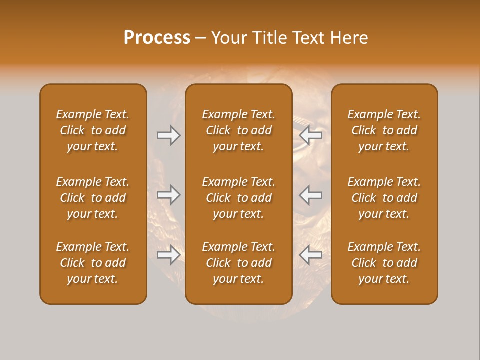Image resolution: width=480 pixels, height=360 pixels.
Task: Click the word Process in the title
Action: pyautogui.click(x=157, y=38)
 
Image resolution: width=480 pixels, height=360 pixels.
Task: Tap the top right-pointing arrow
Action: pyautogui.click(x=168, y=135)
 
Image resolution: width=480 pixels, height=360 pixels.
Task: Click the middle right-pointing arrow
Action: pyautogui.click(x=168, y=195)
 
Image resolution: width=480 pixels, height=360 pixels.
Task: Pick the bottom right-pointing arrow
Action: pyautogui.click(x=168, y=255)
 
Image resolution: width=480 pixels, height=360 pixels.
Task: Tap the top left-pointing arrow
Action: pyautogui.click(x=311, y=135)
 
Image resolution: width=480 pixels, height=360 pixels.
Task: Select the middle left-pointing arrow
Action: pyautogui.click(x=311, y=195)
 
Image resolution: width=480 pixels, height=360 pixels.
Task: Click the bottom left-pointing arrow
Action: pyautogui.click(x=311, y=255)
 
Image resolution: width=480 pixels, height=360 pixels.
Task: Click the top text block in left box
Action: pyautogui.click(x=93, y=130)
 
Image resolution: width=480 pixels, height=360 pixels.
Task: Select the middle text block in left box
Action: pyautogui.click(x=93, y=198)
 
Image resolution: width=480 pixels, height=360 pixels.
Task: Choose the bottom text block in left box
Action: pyautogui.click(x=93, y=263)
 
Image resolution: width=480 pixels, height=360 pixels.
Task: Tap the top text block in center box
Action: pyautogui.click(x=238, y=130)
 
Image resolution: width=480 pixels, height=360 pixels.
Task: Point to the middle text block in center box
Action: pyautogui.click(x=238, y=198)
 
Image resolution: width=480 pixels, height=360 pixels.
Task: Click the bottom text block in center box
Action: pyautogui.click(x=238, y=263)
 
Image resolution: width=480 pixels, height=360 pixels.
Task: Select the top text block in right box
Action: pyautogui.click(x=384, y=130)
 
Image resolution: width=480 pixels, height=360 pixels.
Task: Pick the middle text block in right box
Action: pyautogui.click(x=384, y=198)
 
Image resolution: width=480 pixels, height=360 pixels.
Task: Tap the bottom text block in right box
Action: pyautogui.click(x=384, y=263)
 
